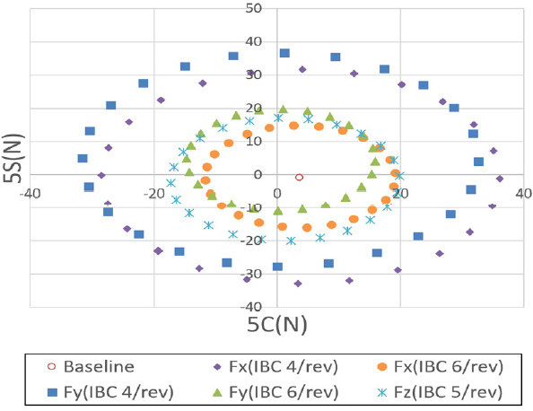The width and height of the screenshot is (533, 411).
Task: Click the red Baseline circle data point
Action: tap(299, 177)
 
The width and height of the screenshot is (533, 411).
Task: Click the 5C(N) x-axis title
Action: tap(277, 324)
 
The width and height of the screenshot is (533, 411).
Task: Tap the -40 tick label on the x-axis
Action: tap(31, 192)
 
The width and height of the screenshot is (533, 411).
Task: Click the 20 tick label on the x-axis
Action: tap(400, 192)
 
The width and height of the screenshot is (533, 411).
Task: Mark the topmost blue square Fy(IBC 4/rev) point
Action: tap(284, 53)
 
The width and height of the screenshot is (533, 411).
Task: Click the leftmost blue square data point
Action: tap(83, 159)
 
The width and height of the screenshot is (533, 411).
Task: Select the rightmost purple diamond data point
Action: tap(500, 179)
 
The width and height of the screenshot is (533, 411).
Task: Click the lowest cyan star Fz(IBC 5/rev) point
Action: tap(291, 240)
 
